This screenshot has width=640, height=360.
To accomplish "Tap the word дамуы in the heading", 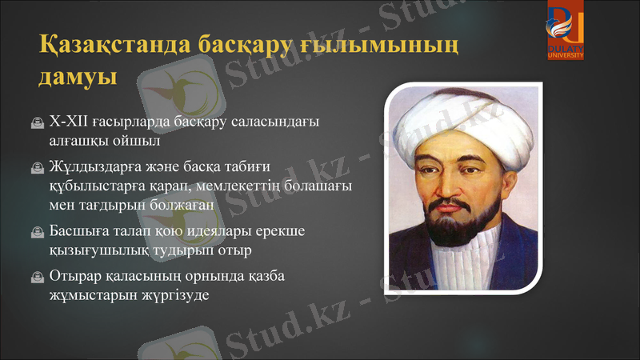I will [78, 78].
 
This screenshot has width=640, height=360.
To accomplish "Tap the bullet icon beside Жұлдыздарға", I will [37, 170].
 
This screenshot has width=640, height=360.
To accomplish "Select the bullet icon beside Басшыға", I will [37, 232].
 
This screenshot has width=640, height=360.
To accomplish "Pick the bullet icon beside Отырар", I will [37, 278].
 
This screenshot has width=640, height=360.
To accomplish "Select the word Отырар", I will [75, 276].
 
